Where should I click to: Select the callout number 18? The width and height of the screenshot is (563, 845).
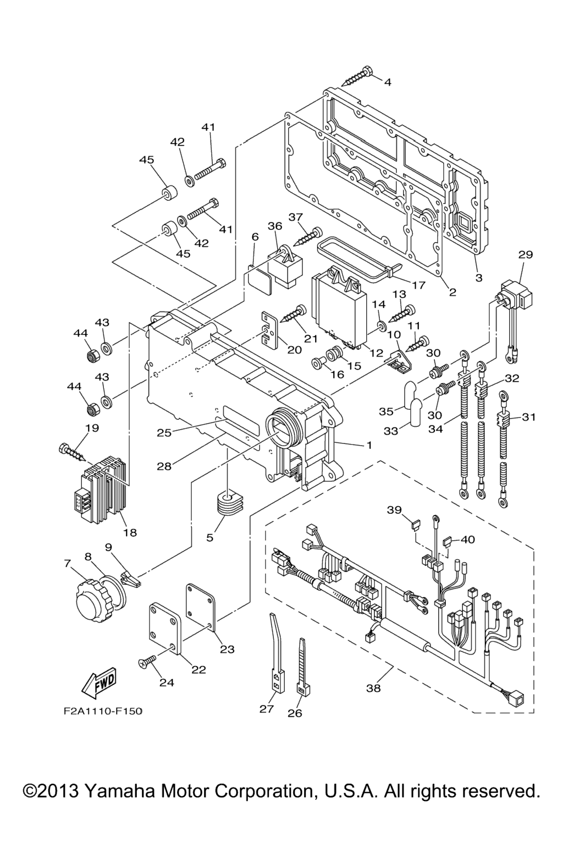pos(130,532)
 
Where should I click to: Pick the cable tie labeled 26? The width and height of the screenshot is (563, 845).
pos(302,668)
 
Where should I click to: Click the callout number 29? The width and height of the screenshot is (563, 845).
pos(526,254)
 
